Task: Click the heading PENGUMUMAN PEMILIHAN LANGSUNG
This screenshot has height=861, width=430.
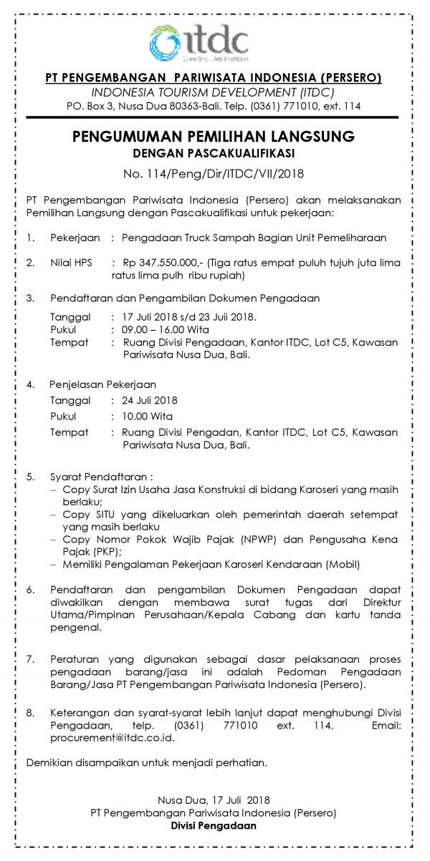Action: pyautogui.click(x=214, y=137)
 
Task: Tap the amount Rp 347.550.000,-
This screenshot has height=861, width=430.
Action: pyautogui.click(x=159, y=263)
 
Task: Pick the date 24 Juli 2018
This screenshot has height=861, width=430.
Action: pyautogui.click(x=150, y=400)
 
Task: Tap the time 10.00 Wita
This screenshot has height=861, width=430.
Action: pyautogui.click(x=147, y=416)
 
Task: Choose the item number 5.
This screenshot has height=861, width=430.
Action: pyautogui.click(x=29, y=476)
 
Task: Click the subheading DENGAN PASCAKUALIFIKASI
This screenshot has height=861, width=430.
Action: pyautogui.click(x=214, y=152)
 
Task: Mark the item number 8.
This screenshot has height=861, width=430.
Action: pyautogui.click(x=29, y=713)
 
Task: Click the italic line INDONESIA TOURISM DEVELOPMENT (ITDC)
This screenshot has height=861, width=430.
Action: pyautogui.click(x=214, y=92)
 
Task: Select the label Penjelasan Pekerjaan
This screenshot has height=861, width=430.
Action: pyautogui.click(x=102, y=384)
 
